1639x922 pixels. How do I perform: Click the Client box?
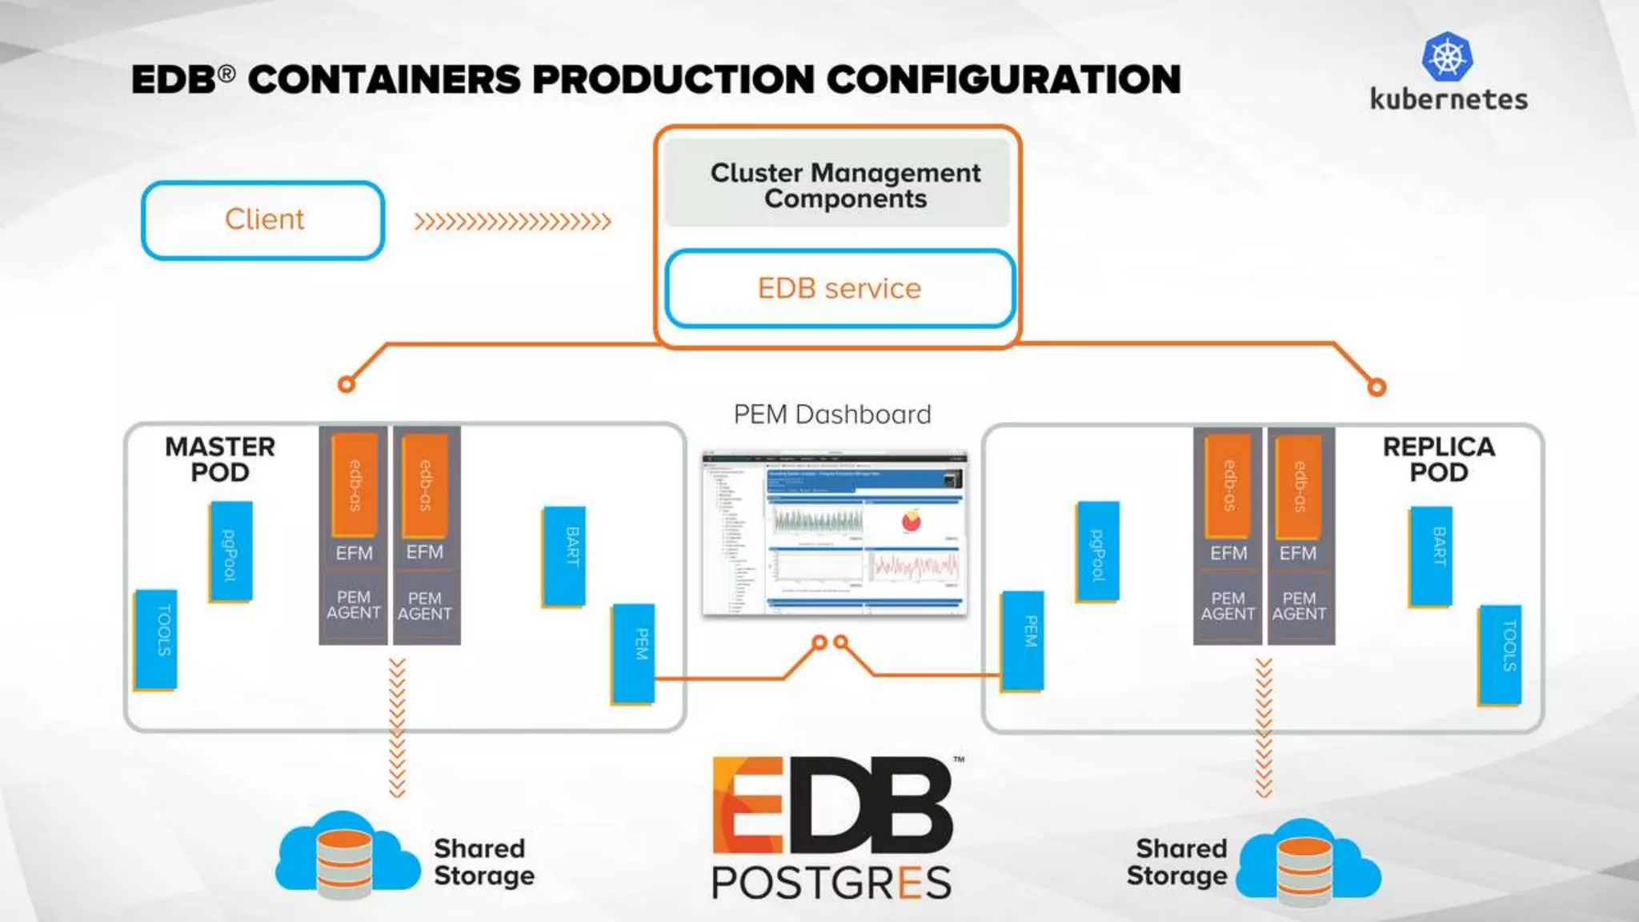(x=263, y=220)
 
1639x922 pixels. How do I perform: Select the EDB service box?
(x=840, y=288)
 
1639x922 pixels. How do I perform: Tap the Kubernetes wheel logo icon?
(x=1447, y=57)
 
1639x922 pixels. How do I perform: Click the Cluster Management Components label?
(x=845, y=185)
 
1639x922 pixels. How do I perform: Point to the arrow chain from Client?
(x=512, y=221)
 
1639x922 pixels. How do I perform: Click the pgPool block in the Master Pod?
(x=230, y=551)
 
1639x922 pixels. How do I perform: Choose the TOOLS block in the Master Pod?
(x=155, y=639)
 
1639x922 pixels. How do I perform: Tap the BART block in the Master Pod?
(x=563, y=556)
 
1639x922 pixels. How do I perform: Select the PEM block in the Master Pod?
(x=633, y=653)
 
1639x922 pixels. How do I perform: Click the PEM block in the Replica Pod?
(x=1023, y=640)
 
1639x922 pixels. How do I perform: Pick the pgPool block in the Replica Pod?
(x=1098, y=551)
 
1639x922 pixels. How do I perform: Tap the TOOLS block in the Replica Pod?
(x=1499, y=655)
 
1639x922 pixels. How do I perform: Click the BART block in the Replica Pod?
(x=1431, y=556)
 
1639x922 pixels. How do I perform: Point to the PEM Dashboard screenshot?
(x=835, y=534)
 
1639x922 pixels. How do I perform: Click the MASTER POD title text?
(x=220, y=459)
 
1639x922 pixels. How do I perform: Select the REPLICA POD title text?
(x=1438, y=459)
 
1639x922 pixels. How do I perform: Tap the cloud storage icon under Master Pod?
(x=347, y=855)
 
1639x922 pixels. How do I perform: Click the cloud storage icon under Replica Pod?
(x=1308, y=861)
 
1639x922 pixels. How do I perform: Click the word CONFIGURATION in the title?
(x=1004, y=79)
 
